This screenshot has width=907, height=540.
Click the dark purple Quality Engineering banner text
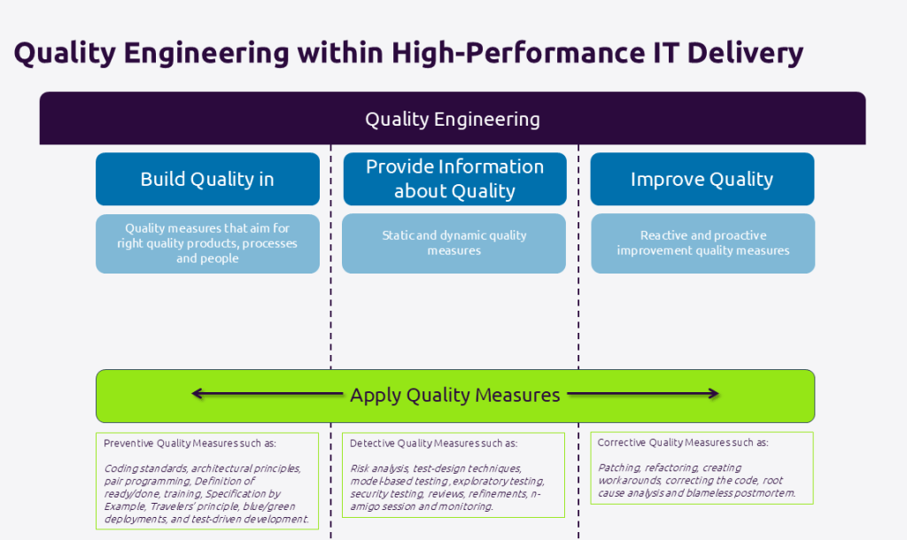[453, 119]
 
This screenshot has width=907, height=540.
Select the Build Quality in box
[207, 179]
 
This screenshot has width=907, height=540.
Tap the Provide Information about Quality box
[454, 179]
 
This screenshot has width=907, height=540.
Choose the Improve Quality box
[702, 179]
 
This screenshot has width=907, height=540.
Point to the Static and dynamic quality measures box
[454, 243]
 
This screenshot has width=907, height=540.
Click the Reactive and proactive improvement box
[702, 243]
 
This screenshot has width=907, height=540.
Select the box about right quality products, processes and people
[207, 243]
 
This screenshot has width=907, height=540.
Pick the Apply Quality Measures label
[454, 395]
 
